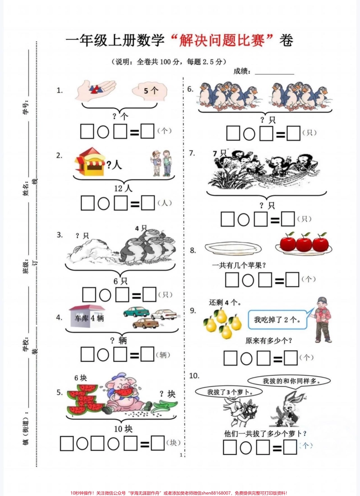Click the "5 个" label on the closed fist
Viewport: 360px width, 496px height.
(151, 91)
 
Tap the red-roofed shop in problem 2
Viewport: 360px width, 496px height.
(90, 161)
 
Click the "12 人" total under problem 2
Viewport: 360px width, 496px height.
(123, 189)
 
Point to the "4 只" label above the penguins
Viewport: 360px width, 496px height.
(141, 228)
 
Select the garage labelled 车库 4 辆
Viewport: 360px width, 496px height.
(87, 316)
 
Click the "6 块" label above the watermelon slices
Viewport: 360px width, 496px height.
(80, 378)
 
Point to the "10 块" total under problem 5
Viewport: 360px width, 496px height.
(123, 429)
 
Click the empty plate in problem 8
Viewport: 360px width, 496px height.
(233, 248)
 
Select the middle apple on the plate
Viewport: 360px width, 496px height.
(304, 244)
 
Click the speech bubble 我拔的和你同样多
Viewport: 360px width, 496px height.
(289, 381)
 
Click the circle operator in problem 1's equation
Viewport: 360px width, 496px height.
(103, 132)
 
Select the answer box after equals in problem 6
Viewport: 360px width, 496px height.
(293, 133)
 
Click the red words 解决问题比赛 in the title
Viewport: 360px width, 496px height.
(222, 41)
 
